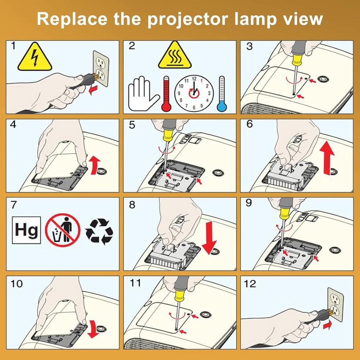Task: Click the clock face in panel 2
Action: pyautogui.click(x=194, y=93)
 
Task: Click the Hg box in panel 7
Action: pyautogui.click(x=27, y=230)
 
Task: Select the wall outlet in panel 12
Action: pyautogui.click(x=336, y=304)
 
